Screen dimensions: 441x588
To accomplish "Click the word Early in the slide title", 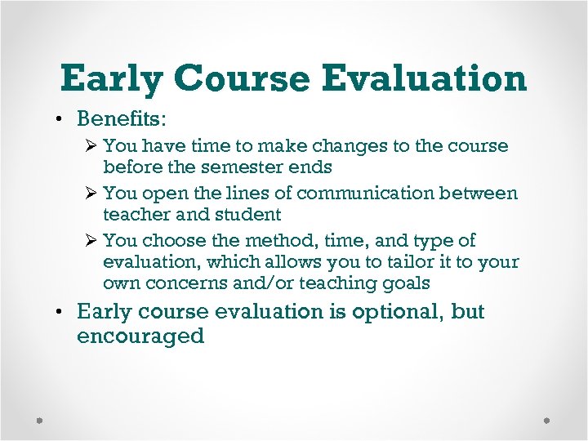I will coord(112,79).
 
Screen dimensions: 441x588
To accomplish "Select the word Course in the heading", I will coord(243,79).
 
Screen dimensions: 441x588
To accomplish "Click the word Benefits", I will coord(121,119).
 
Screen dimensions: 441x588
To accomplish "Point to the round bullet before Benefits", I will coord(63,120).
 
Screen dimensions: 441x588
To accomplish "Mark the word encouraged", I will coord(140,336).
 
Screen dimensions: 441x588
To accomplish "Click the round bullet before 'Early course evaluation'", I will coord(63,312).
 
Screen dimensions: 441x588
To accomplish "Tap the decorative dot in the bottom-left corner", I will coord(39,421).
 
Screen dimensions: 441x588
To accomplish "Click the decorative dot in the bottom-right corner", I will coord(548,421).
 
